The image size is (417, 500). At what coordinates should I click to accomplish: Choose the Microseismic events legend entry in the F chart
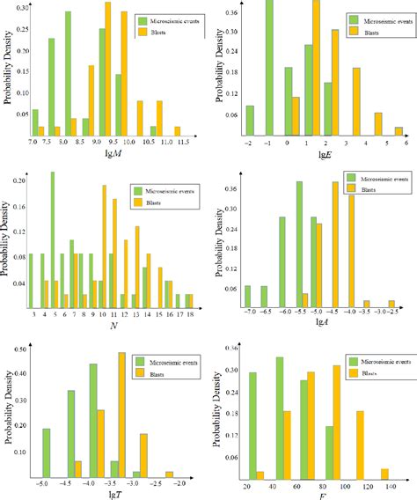pyautogui.click(x=373, y=361)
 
